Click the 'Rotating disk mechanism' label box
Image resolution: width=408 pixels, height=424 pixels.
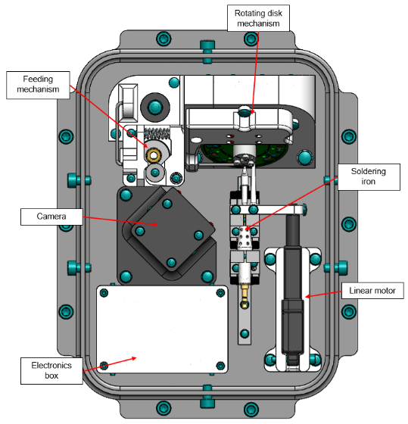[x=258, y=18]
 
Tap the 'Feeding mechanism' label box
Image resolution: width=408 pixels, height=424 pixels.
[x=38, y=85]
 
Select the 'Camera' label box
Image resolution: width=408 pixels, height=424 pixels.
[x=51, y=217]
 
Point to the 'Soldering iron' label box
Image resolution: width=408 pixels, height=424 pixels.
[x=369, y=177]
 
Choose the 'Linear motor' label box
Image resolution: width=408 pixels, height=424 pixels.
[x=372, y=291]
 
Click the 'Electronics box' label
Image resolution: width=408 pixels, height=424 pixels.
[x=51, y=371]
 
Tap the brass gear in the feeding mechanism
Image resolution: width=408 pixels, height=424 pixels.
[x=154, y=155]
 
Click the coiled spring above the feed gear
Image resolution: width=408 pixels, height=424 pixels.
[x=157, y=132]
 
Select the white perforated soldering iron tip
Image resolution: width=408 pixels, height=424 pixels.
[x=245, y=238]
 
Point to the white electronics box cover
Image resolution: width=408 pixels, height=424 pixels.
[x=162, y=329]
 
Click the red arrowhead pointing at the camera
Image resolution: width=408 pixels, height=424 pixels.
[x=155, y=224]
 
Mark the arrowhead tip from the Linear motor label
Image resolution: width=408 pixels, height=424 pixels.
[x=306, y=297]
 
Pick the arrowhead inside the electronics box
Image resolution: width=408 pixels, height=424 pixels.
[x=133, y=358]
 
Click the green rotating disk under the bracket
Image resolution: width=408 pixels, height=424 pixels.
[x=244, y=155]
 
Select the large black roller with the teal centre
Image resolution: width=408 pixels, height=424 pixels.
[x=155, y=108]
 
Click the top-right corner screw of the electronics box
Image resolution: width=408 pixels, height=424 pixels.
[x=220, y=292]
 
